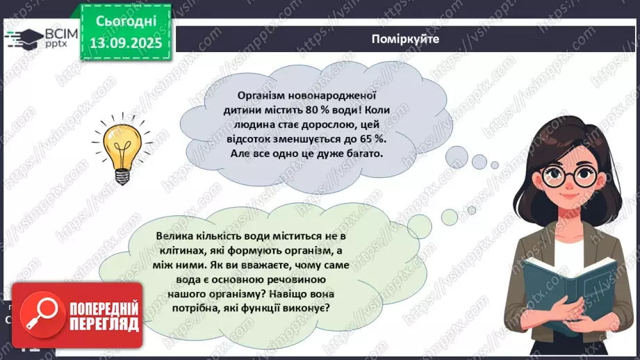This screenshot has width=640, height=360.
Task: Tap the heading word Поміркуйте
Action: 405,39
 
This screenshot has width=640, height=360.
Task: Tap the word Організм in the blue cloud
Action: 259,95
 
